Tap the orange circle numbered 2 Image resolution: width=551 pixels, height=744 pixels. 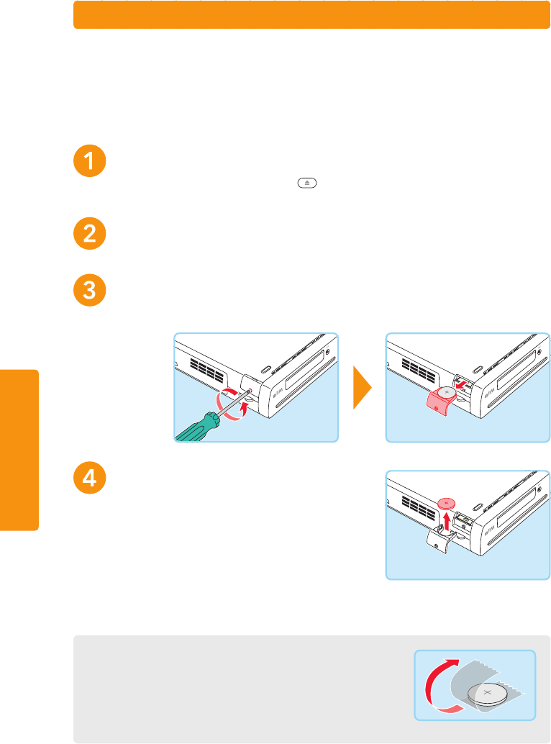point(90,234)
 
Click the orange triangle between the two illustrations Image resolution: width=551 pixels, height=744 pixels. point(362,389)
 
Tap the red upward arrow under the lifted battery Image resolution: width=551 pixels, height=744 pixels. point(447,522)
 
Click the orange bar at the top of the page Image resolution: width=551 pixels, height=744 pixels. point(311,15)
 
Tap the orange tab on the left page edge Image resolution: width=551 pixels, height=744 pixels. point(19,450)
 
